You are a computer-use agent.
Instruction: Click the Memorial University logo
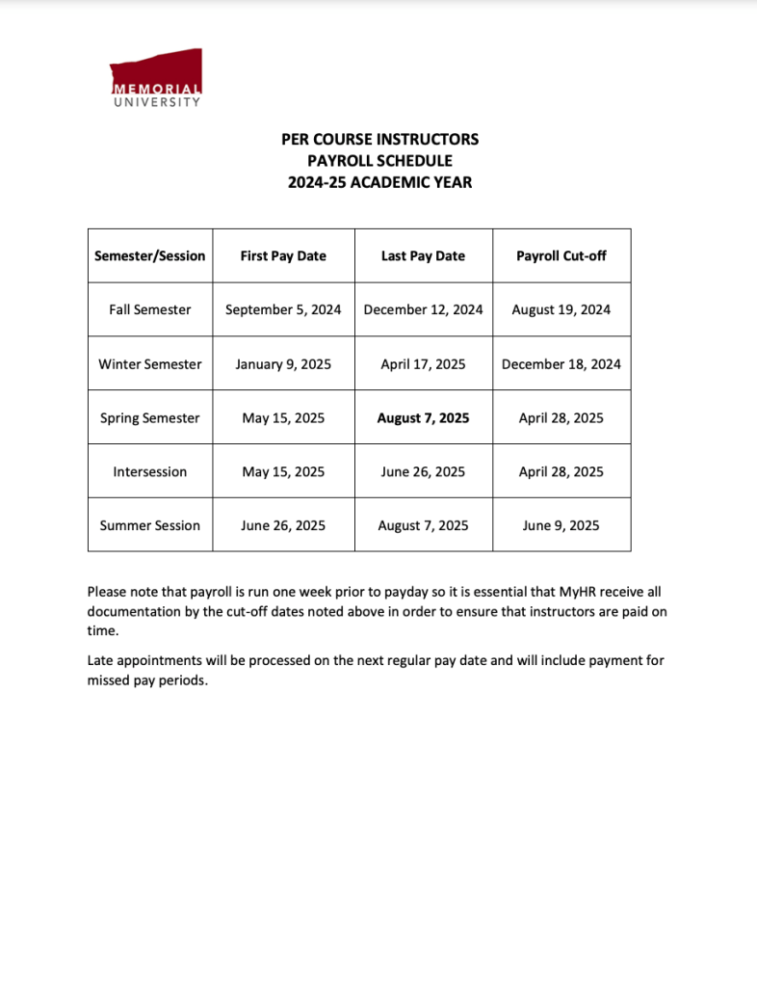156,77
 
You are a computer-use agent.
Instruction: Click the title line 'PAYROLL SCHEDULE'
379,160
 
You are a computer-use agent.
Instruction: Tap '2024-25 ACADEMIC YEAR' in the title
379,181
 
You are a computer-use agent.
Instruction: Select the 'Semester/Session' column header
150,255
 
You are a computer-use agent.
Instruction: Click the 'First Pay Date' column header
283,255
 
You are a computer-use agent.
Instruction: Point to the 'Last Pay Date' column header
423,255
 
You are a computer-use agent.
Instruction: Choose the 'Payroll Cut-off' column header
561,255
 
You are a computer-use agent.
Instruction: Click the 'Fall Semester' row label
150,309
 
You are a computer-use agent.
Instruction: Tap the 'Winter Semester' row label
150,363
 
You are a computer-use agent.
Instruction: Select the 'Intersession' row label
150,471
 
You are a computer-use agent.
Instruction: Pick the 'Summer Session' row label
150,525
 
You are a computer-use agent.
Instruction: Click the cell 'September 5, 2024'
283,309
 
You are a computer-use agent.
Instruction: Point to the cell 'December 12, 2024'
423,309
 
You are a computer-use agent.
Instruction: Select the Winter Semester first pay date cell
283,363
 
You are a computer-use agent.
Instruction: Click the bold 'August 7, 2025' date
423,417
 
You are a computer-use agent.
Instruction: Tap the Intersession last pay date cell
423,471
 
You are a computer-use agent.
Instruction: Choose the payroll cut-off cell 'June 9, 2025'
561,525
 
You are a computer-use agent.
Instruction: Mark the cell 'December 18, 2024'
561,363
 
